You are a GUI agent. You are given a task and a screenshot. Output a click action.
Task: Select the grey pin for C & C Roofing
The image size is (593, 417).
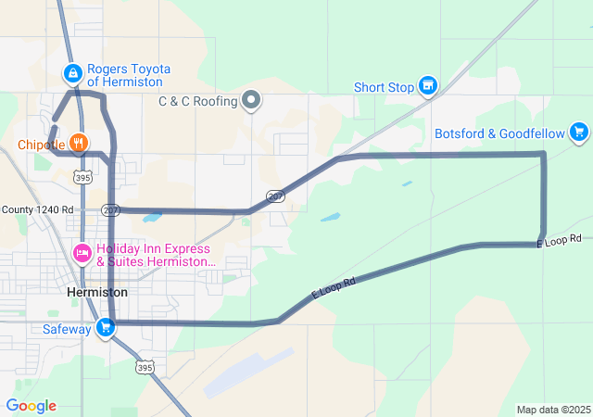pos(251,100)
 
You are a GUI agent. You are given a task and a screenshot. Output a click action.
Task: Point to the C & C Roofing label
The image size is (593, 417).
pos(197,101)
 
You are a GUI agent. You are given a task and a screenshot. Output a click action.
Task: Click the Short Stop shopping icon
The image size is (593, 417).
pos(427,87)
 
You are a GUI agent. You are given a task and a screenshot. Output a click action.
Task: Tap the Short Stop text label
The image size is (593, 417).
pos(383,88)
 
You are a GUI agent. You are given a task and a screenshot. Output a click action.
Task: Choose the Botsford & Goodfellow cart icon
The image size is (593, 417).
pos(579,133)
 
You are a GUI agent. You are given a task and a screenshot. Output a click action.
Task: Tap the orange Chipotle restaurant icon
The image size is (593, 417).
pos(79,144)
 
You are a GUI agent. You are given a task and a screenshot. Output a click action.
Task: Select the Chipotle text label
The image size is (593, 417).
pos(41,145)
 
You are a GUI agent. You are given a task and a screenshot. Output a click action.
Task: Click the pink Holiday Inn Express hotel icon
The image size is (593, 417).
pos(82,251)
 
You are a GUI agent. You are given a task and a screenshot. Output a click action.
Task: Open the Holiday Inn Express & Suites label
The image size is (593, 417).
pos(153,256)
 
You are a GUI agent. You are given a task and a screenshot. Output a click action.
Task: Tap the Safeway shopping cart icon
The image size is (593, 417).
pos(106,327)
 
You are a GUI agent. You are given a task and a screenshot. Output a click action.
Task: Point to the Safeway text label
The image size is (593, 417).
pos(67,328)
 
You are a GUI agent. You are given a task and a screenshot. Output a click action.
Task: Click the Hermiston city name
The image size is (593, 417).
pos(97,292)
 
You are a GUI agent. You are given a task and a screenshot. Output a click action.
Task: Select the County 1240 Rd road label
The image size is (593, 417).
pos(37,210)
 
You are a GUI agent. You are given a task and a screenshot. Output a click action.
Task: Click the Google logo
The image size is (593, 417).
pos(31,406)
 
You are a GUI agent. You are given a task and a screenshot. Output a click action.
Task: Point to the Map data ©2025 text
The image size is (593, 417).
pos(552,410)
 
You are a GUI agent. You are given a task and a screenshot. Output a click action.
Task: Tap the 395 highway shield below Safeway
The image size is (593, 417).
pos(144,367)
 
